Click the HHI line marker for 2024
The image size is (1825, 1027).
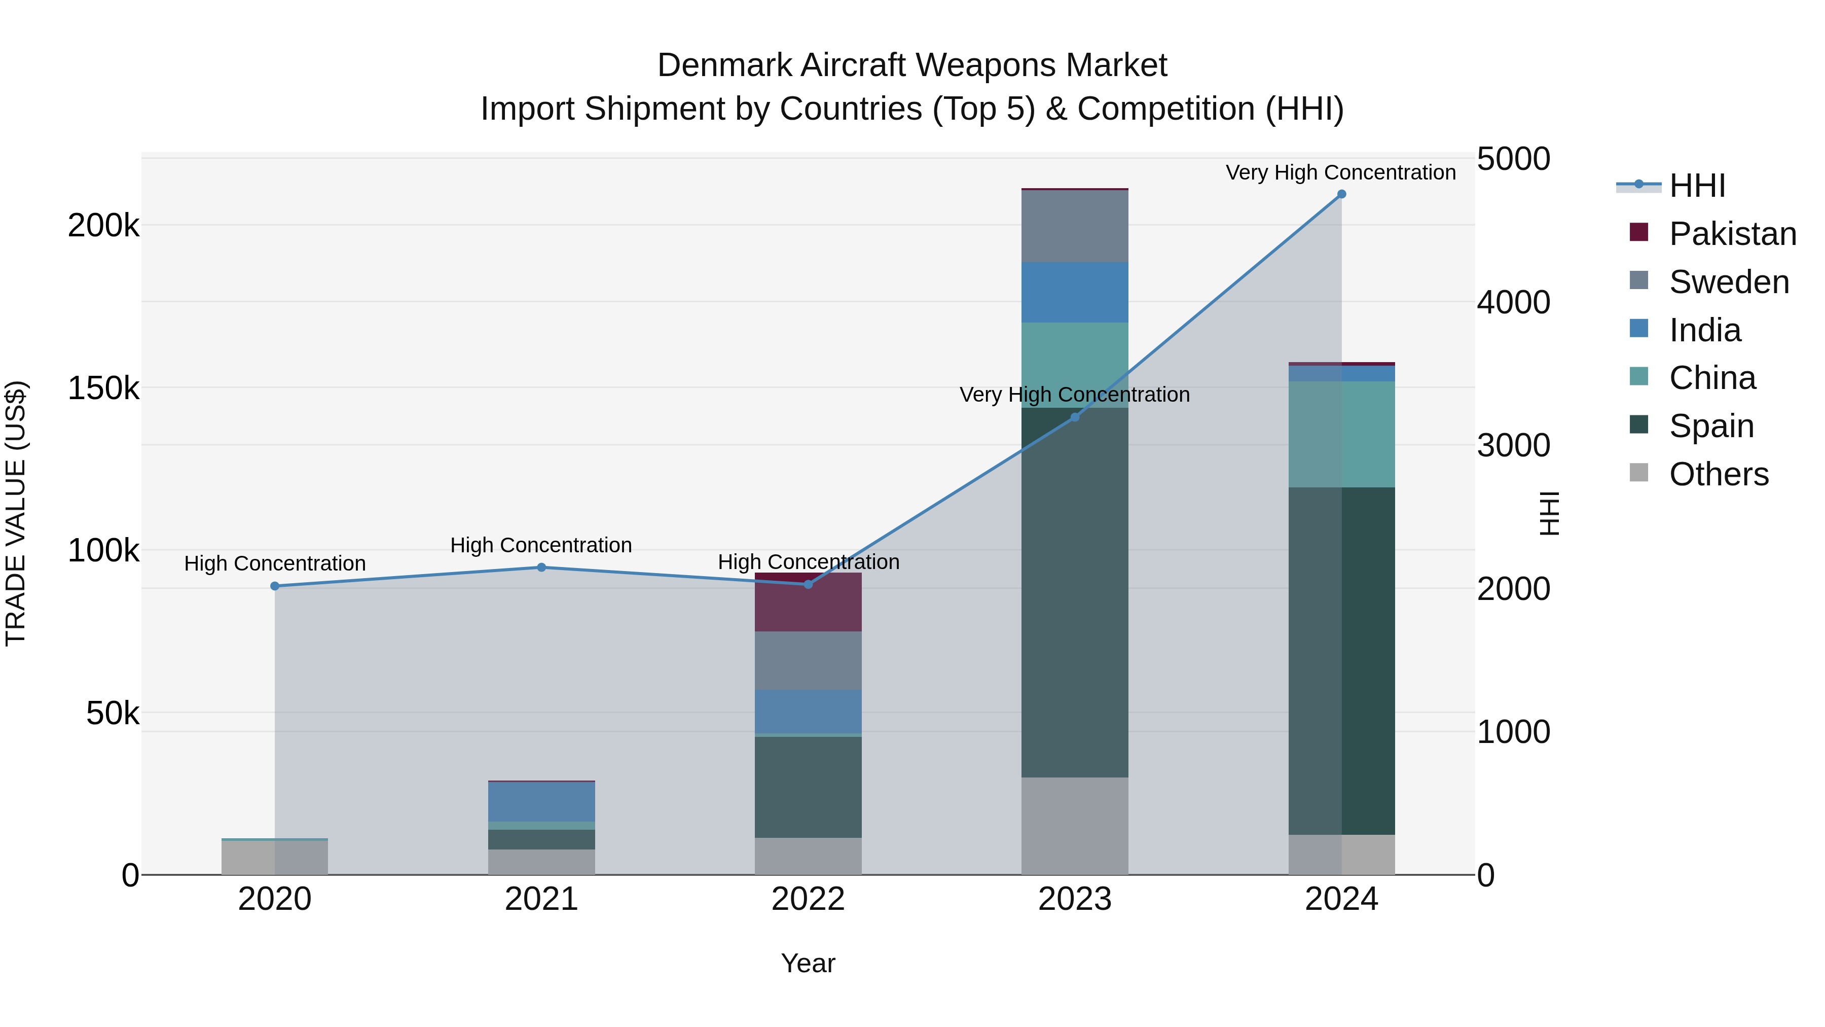tap(1341, 194)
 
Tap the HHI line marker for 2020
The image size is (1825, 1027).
tap(275, 586)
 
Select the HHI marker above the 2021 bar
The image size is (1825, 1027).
tap(541, 567)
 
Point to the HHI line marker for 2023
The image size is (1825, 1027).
tap(1075, 417)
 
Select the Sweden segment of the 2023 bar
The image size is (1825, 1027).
tap(1075, 226)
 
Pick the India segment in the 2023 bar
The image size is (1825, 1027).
tap(1075, 293)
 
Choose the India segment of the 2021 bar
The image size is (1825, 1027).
tap(541, 802)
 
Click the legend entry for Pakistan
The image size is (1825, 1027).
tap(1732, 234)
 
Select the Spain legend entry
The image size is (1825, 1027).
tap(1710, 426)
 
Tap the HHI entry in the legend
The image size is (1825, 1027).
tap(1696, 186)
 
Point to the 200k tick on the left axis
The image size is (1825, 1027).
tap(103, 226)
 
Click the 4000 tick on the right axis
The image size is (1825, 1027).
tap(1513, 303)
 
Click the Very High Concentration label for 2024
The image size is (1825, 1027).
tap(1340, 172)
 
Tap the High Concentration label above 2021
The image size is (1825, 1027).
tap(541, 545)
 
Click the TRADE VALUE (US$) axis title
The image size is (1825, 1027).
tap(16, 513)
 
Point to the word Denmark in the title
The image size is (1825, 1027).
tap(723, 65)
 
